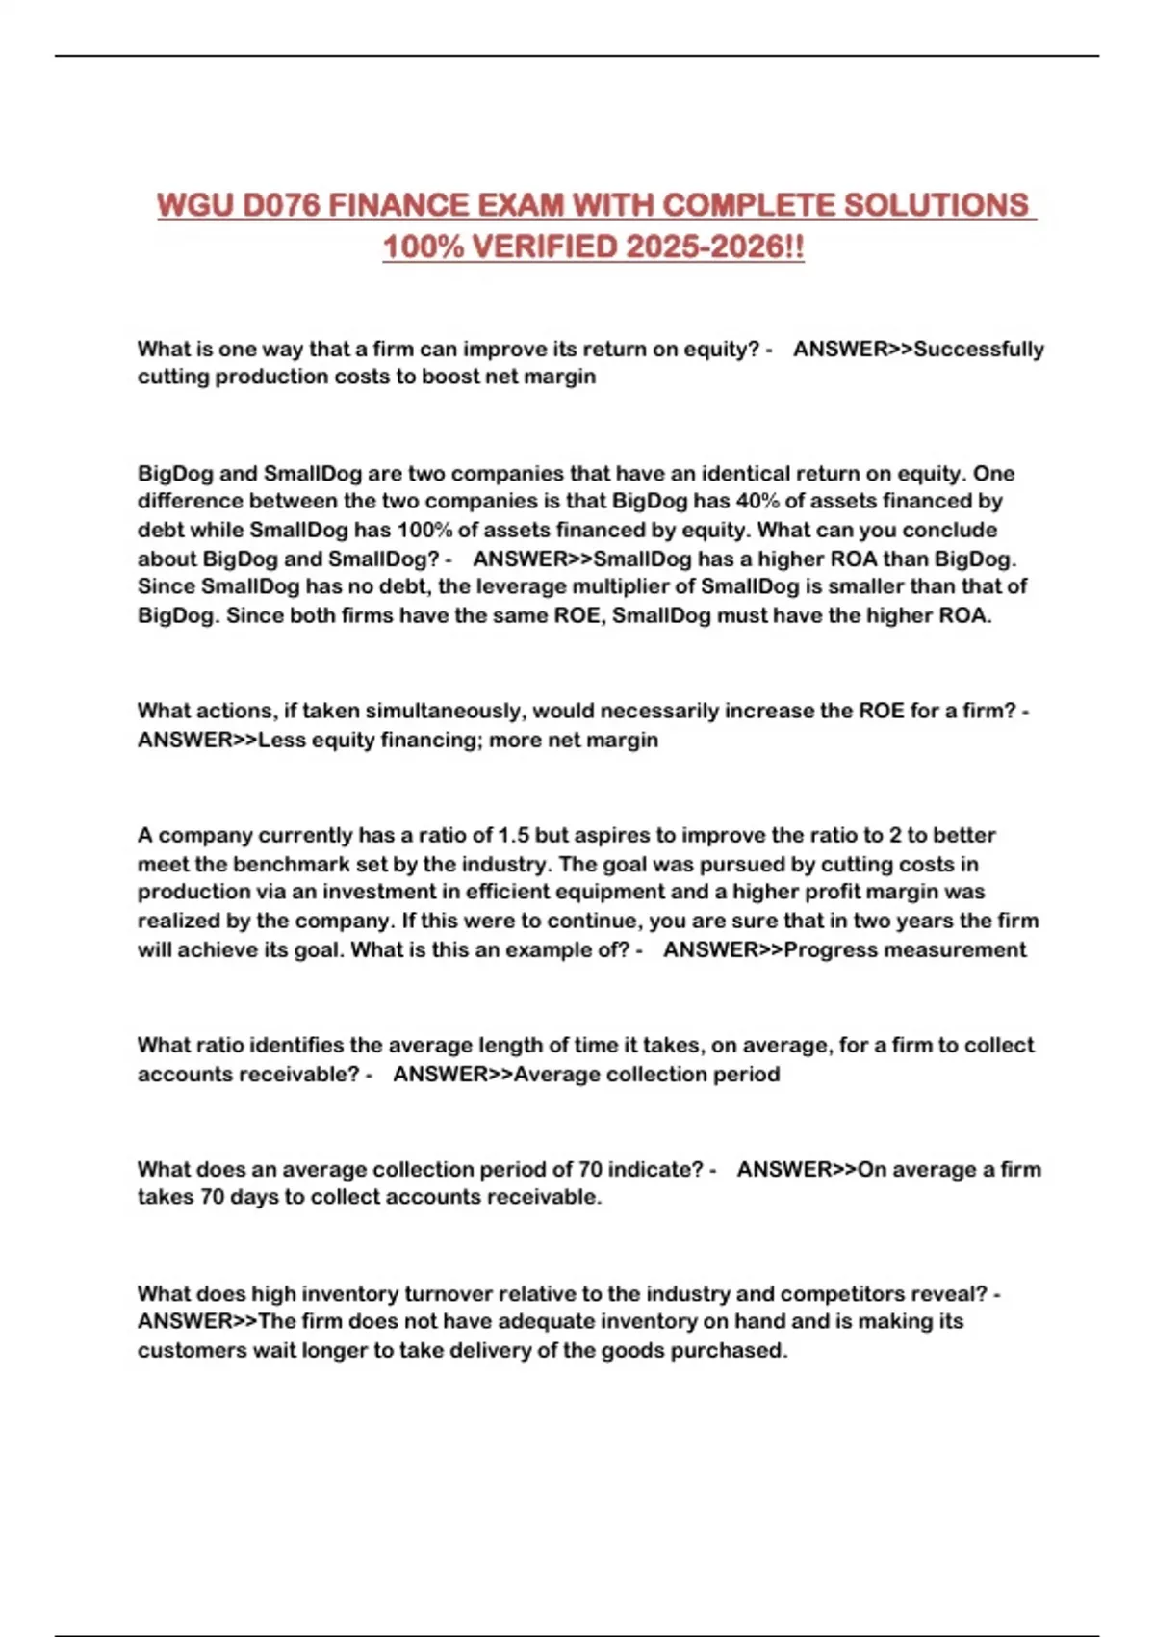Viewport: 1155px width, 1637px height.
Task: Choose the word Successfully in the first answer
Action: pyautogui.click(x=979, y=349)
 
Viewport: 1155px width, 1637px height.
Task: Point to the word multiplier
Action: pyautogui.click(x=636, y=586)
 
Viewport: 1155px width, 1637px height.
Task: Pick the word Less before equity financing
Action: pyautogui.click(x=280, y=740)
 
